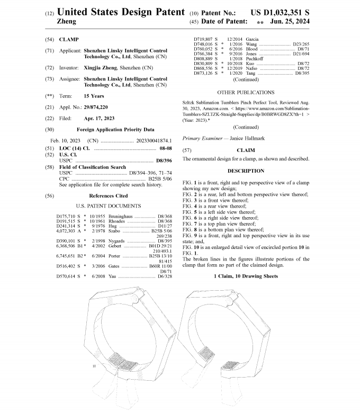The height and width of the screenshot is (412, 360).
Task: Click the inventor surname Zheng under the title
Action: [66, 22]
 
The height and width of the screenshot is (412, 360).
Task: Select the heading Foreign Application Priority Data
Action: [115, 129]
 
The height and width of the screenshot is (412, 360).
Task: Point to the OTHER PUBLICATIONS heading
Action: [246, 92]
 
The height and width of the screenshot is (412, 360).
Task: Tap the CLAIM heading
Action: [246, 150]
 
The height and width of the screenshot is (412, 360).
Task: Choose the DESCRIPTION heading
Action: [246, 171]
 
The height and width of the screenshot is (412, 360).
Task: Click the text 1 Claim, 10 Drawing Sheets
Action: [246, 276]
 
